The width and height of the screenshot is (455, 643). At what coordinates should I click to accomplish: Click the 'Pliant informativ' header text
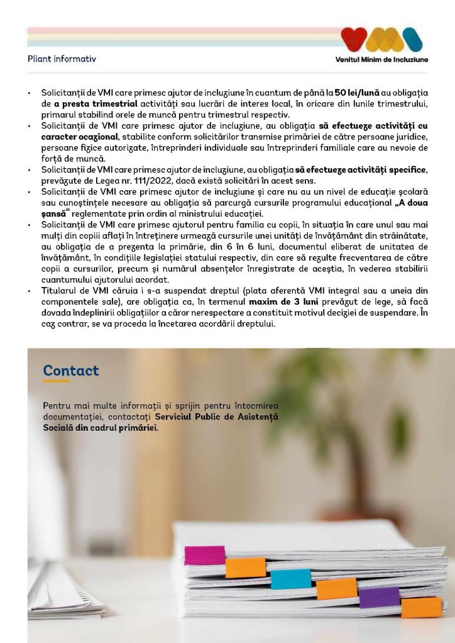coord(62,59)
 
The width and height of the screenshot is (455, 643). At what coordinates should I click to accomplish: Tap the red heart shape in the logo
coord(354,38)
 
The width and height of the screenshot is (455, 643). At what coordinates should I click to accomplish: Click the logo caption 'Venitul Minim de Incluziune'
coord(382,60)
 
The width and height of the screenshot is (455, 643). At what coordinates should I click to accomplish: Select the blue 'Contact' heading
coord(71,370)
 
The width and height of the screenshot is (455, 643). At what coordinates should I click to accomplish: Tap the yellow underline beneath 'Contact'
coord(56,381)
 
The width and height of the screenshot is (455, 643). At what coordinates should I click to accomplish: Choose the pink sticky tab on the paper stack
coord(204,555)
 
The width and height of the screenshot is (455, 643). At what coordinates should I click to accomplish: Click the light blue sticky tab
coord(290,578)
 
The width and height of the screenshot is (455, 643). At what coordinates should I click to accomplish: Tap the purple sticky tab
coord(379,597)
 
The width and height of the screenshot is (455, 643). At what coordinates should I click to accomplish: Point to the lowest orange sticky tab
coord(421,607)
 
